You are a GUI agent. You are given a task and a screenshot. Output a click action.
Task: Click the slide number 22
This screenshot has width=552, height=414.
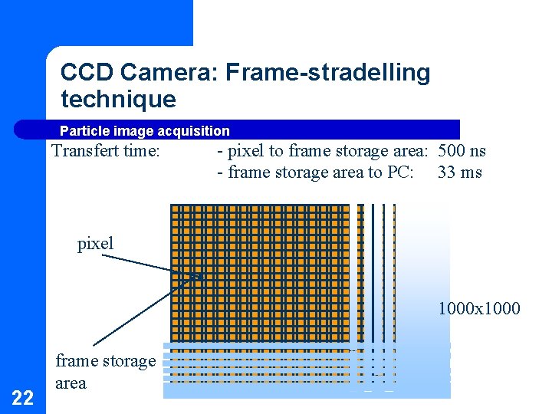[23, 397]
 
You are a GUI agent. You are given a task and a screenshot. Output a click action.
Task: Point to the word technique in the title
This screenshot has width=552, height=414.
[118, 99]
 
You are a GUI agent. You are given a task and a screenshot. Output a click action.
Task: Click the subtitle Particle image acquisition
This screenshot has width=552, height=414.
[144, 131]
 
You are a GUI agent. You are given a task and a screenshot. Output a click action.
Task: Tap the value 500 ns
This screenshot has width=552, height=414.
[462, 151]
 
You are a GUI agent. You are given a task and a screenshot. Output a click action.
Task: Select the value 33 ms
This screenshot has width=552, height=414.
[460, 172]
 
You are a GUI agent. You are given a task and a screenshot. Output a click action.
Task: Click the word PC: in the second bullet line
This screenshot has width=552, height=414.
[400, 172]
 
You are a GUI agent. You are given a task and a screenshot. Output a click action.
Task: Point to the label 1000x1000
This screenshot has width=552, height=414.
[479, 309]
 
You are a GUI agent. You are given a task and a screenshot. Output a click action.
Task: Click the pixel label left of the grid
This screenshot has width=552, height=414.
[95, 244]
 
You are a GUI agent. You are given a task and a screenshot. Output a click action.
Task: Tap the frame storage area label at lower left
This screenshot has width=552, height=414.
[105, 372]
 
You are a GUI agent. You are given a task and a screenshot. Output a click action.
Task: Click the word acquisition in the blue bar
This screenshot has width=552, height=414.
[193, 131]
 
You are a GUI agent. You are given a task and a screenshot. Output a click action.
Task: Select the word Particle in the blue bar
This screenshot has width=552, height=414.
[82, 131]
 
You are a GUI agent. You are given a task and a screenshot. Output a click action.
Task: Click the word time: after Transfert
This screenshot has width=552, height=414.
[141, 151]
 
